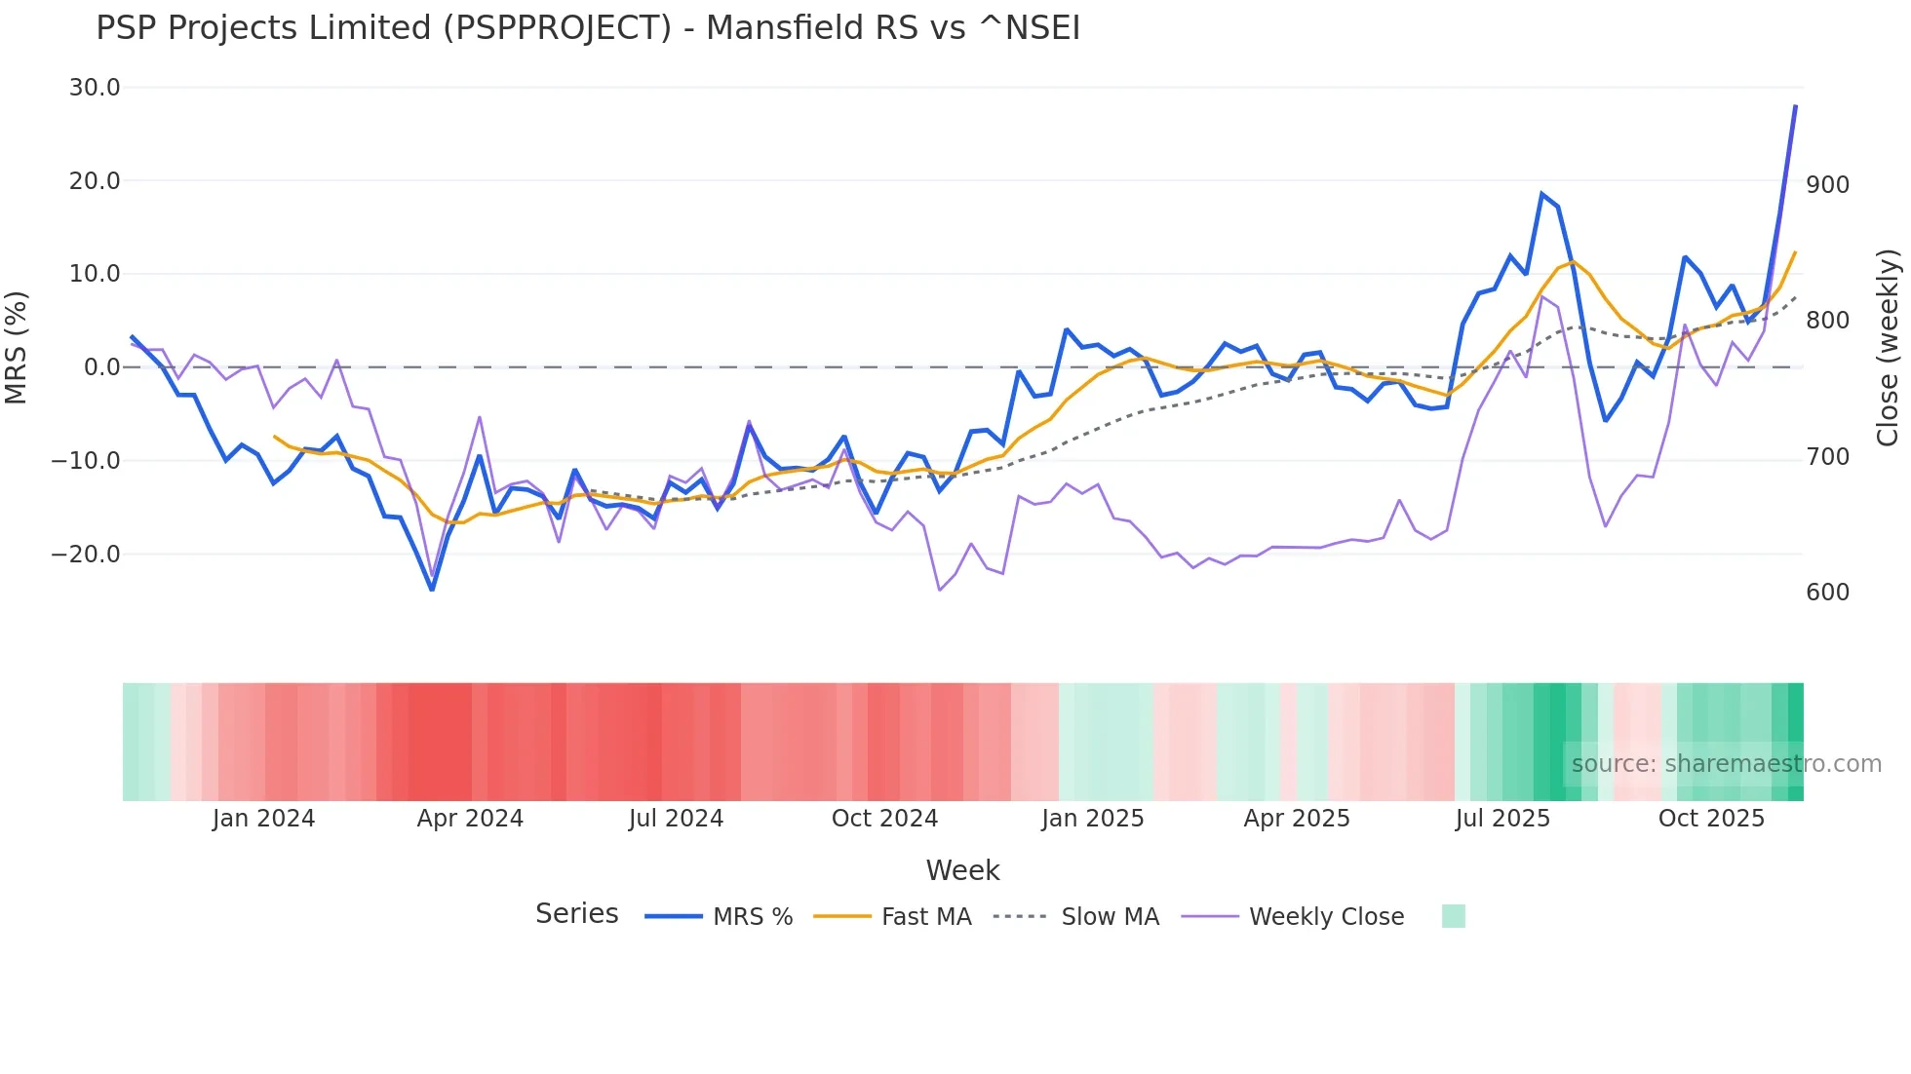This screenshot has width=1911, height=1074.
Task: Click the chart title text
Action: (588, 28)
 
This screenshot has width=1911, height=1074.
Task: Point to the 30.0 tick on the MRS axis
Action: (95, 88)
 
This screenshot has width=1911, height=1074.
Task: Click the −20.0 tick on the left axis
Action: (86, 555)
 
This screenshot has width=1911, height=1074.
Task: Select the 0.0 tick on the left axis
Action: (101, 367)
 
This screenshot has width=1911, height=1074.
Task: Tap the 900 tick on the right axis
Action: (1827, 185)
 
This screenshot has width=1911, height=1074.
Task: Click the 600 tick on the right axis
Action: (1827, 593)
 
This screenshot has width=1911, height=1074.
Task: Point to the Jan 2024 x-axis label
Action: (263, 819)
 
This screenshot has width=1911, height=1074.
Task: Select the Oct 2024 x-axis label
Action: (884, 819)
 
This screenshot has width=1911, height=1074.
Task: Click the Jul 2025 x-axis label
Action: (1502, 819)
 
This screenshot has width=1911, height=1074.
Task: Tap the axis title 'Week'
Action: (962, 870)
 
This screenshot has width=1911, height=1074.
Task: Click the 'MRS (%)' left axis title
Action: (17, 347)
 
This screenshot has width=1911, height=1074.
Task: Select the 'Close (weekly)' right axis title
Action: (1888, 348)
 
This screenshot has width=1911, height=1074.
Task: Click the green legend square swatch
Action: (1453, 916)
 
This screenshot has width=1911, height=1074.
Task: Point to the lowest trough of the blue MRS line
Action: (432, 590)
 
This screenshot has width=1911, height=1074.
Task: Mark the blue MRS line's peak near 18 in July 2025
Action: (1542, 193)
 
